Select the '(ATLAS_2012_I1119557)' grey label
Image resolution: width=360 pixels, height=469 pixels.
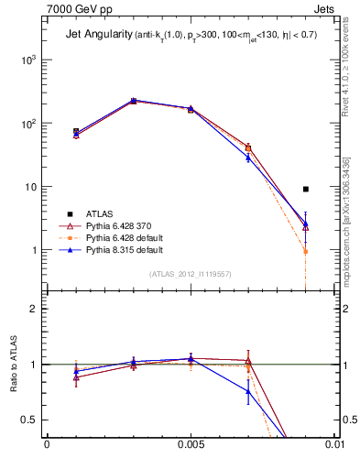pyautogui.click(x=190, y=274)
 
